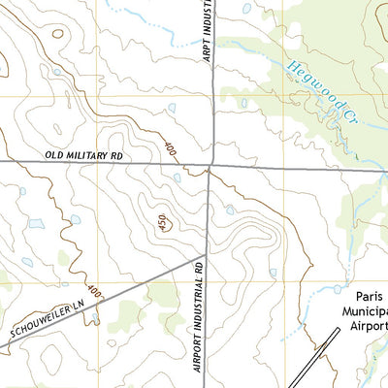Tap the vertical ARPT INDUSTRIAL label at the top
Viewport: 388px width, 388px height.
207,33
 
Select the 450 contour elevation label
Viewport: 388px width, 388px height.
160,224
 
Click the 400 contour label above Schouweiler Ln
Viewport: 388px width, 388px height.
92,290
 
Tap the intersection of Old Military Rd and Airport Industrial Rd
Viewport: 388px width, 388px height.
210,164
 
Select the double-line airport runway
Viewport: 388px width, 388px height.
315,359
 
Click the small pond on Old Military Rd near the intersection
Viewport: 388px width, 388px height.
177,178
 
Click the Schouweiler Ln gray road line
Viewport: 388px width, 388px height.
116,291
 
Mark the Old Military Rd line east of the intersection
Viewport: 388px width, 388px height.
291,167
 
